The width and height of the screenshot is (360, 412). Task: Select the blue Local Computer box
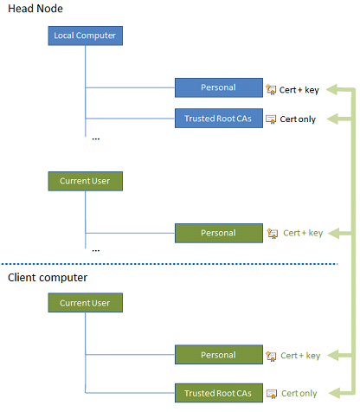coord(86,36)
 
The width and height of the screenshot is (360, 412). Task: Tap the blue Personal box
coord(218,87)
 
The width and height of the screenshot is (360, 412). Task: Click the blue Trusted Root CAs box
coord(218,119)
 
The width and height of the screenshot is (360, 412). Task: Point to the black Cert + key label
coord(302,88)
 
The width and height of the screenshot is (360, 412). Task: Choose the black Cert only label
coord(299,119)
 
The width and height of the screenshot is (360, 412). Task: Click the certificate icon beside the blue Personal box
coord(271,88)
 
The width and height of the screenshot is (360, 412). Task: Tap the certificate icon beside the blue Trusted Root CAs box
coord(271,119)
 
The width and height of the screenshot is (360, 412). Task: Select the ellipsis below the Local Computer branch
coord(95,137)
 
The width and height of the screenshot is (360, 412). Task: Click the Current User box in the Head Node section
coord(86,182)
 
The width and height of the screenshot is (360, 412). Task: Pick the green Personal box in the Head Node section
coord(218,233)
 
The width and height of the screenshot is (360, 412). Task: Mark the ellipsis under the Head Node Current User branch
coord(95,249)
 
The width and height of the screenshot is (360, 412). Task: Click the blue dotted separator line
coord(173,264)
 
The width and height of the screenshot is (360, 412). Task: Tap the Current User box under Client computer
coord(86,303)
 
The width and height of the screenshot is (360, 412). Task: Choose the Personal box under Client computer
coord(218,355)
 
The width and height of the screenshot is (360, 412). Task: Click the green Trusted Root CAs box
coord(218,393)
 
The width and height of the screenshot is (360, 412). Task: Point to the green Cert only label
coord(299,394)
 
